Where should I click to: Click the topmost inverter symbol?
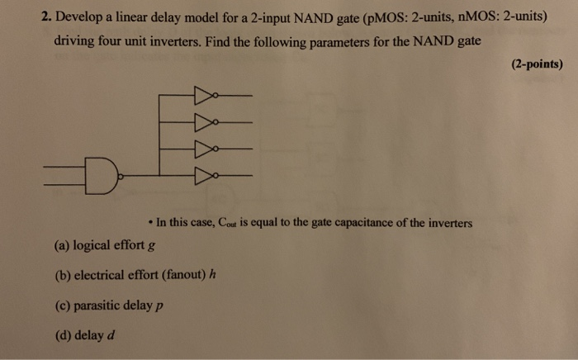203,94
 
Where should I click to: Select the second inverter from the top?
203,121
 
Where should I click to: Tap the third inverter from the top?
203,149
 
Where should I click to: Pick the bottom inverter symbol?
203,175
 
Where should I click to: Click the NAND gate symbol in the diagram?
101,175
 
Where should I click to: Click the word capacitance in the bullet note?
364,223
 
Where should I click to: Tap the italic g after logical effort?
153,246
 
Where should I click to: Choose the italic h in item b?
213,275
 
